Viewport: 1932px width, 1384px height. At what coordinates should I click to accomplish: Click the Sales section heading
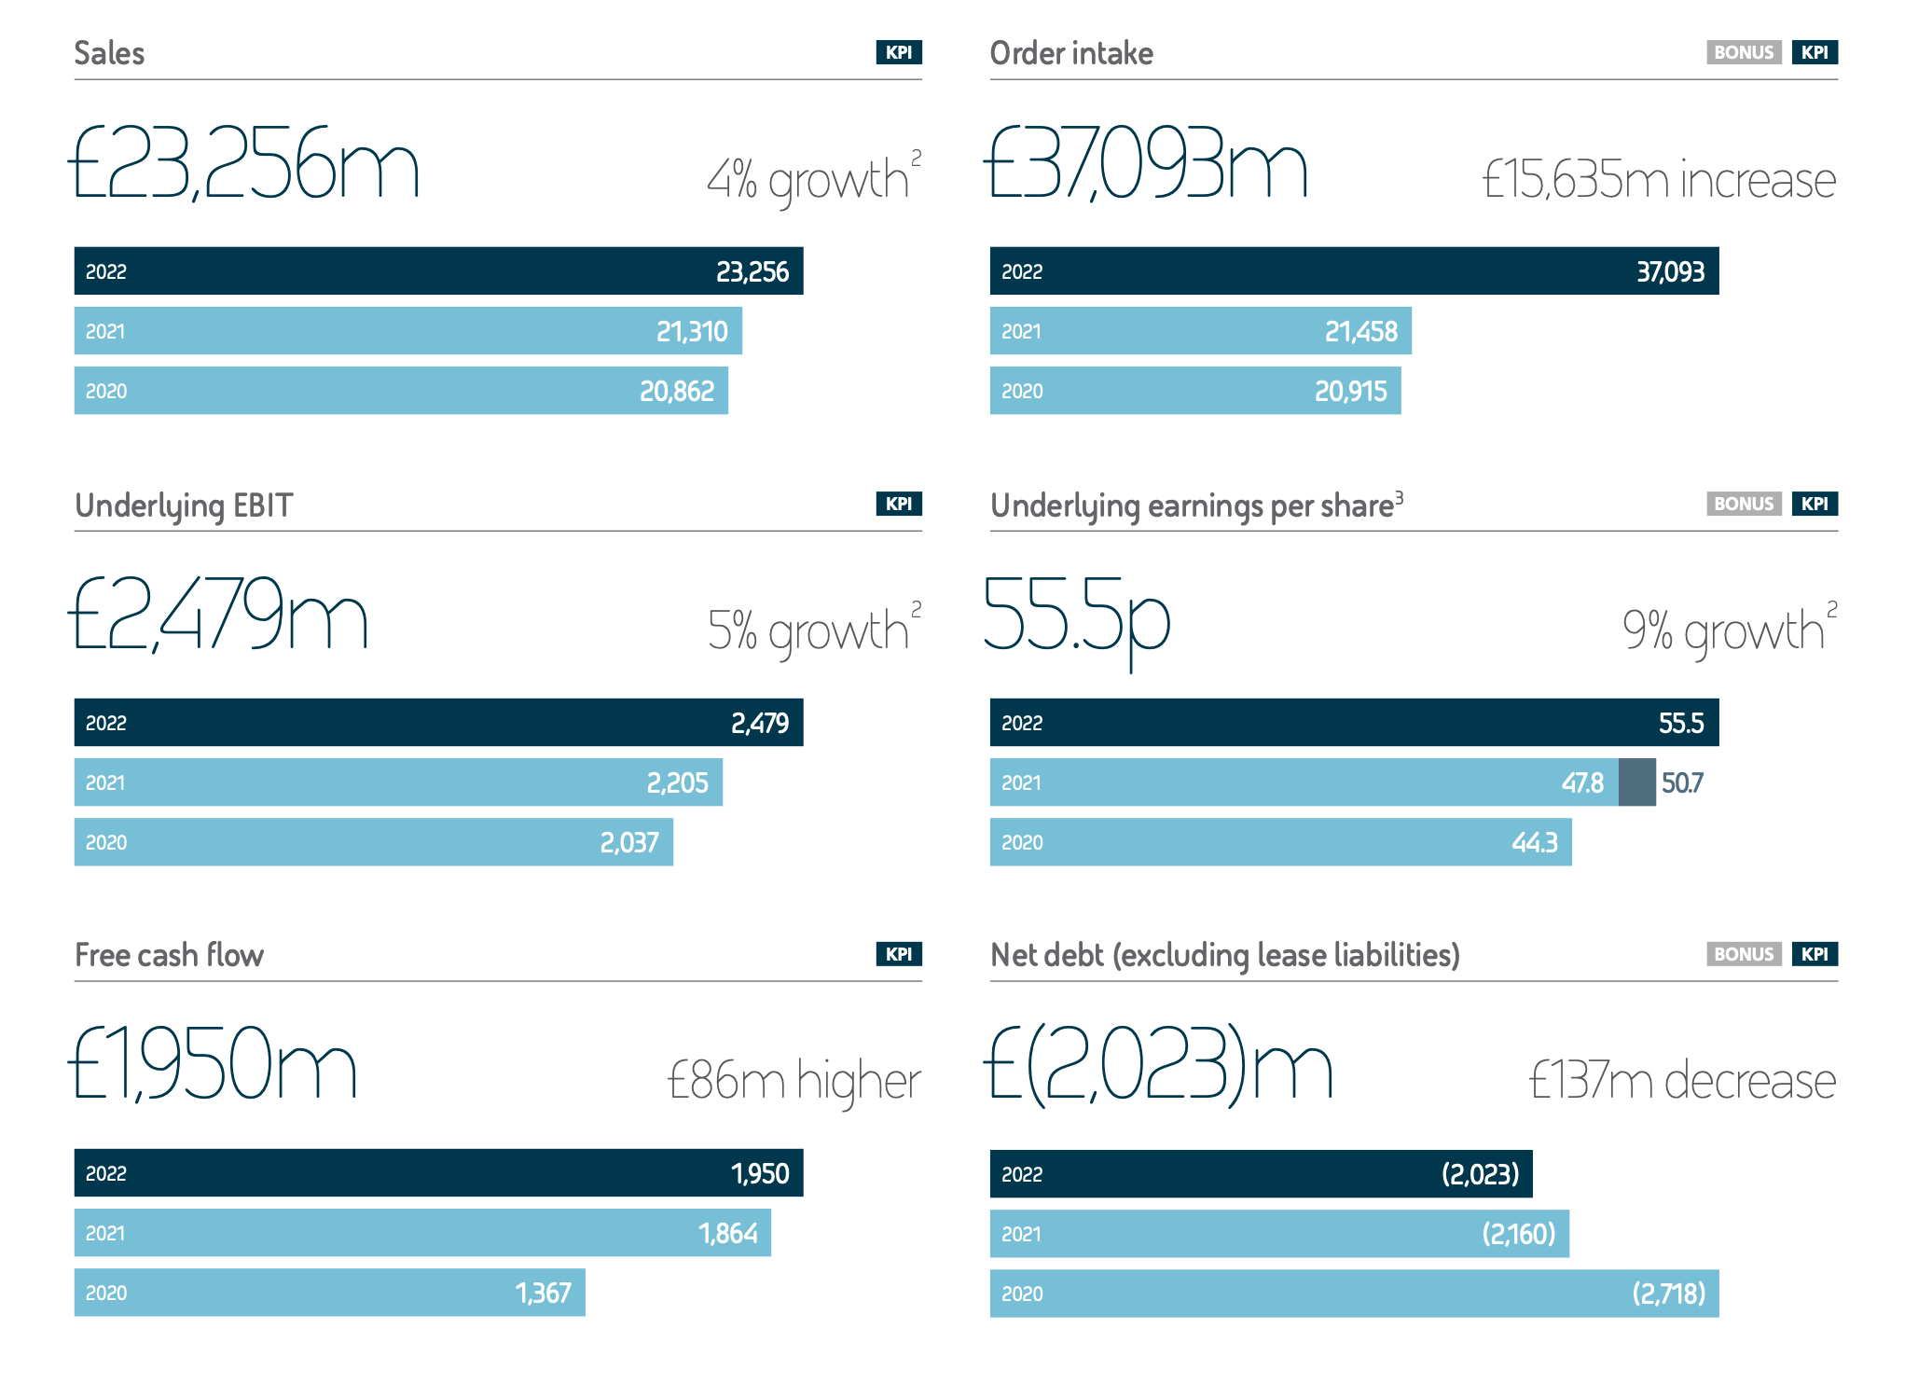(109, 53)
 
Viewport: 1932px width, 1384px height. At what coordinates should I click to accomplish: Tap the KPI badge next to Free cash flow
(898, 954)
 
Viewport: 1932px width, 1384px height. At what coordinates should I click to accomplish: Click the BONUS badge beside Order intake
(1743, 52)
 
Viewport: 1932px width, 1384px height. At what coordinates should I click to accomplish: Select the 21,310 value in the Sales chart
(691, 331)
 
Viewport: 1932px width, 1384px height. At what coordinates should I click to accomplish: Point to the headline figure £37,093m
(1146, 165)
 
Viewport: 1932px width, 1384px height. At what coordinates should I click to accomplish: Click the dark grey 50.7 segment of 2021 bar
(1636, 782)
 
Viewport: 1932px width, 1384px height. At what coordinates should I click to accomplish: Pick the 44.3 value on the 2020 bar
(1534, 842)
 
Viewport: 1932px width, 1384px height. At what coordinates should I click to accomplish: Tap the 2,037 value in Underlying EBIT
(628, 842)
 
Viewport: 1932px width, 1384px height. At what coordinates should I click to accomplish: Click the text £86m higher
(793, 1081)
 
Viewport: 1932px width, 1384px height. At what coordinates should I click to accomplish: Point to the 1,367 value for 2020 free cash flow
(543, 1293)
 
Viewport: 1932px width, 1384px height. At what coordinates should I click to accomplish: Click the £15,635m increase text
(1659, 179)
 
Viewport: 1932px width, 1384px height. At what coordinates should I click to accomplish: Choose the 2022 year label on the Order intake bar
(1022, 271)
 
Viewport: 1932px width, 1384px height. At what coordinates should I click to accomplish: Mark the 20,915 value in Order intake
(1350, 391)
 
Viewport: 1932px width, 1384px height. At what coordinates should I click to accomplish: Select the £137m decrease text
(1682, 1081)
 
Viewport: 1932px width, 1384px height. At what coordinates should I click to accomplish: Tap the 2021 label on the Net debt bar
(1021, 1234)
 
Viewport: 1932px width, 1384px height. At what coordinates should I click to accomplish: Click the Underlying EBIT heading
(184, 505)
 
